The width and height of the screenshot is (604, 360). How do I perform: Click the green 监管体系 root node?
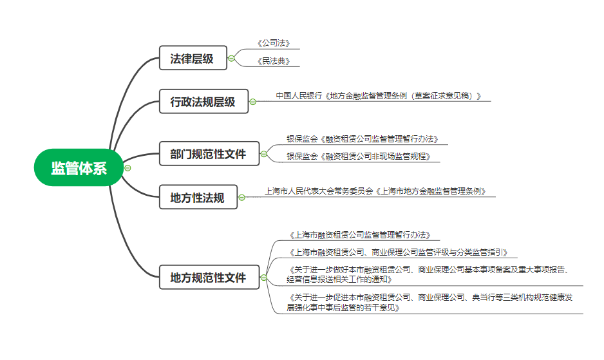(79, 167)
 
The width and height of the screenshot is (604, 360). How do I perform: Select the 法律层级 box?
(193, 58)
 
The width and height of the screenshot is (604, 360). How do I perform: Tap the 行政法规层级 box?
(203, 101)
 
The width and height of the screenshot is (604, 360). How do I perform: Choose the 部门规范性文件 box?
(209, 154)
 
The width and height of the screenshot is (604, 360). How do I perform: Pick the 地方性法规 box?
(198, 197)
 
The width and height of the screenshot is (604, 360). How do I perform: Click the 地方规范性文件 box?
(209, 277)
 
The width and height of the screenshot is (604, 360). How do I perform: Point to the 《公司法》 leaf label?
(274, 43)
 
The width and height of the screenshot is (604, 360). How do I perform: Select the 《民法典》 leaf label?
(274, 61)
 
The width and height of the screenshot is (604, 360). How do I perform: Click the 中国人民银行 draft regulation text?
(379, 95)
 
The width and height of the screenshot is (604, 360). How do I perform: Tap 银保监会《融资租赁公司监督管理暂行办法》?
(362, 138)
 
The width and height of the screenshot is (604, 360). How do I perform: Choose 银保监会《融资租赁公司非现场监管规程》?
(358, 156)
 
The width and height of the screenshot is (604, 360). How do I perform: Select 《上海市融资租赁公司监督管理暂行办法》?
(360, 234)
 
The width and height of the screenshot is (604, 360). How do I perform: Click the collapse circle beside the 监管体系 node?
(127, 168)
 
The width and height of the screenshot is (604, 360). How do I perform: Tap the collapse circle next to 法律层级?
(231, 59)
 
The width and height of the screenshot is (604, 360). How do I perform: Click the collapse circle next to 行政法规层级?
(252, 102)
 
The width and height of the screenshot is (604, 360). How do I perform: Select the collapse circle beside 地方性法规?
(242, 197)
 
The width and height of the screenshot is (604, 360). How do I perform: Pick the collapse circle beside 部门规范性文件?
(264, 154)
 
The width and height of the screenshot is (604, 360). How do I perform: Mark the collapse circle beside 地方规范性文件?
(264, 278)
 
